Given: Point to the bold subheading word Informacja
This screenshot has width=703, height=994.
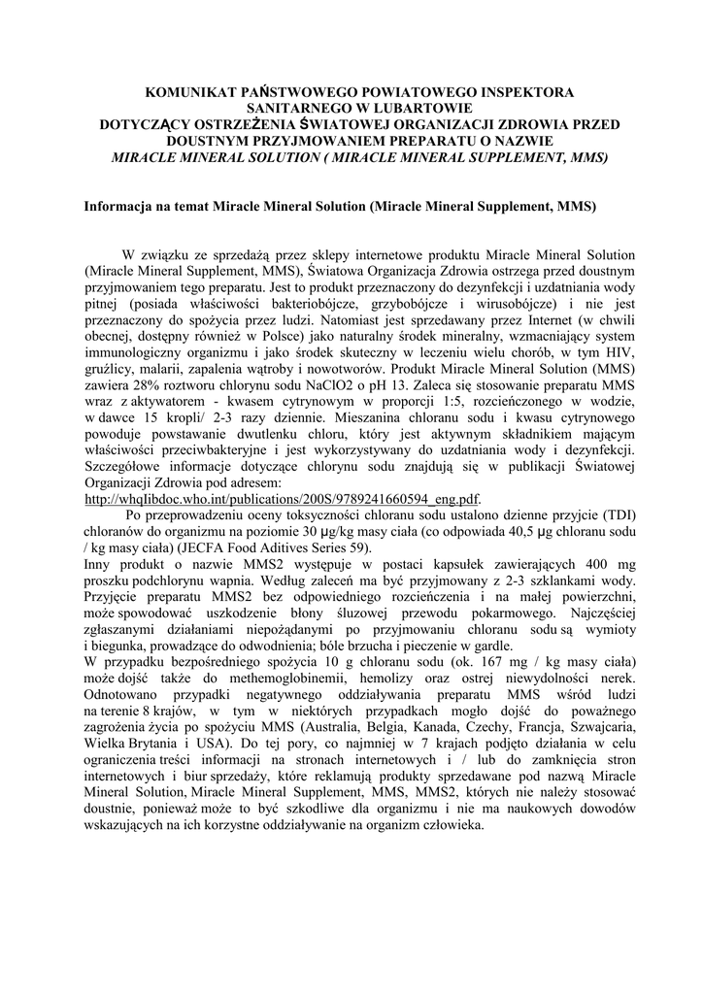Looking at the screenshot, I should coord(121,207).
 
